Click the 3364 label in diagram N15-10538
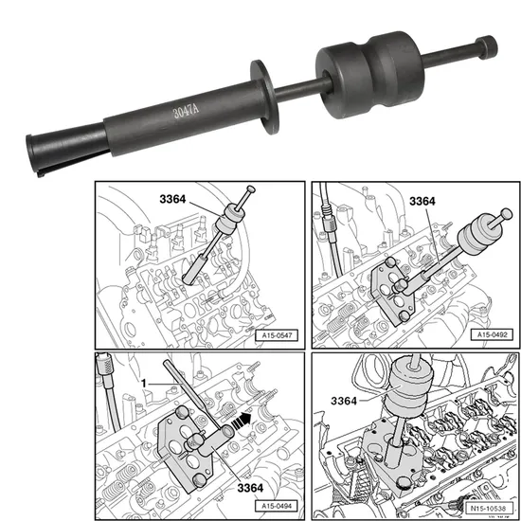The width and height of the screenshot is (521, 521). pos(348,403)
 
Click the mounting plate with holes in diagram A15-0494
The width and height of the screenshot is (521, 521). pos(186,444)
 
